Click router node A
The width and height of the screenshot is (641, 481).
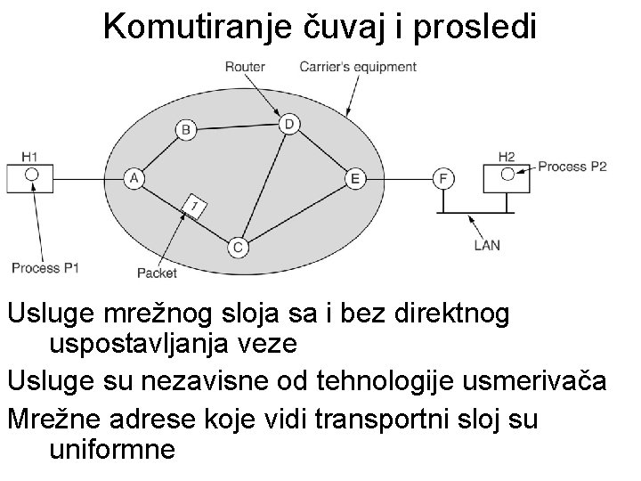tap(134, 177)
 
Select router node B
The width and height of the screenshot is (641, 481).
tap(186, 130)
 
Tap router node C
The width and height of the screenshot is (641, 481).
tap(237, 248)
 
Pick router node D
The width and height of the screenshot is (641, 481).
tap(288, 123)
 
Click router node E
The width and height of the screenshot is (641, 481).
tap(354, 178)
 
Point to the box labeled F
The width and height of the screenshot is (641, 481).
tap(442, 178)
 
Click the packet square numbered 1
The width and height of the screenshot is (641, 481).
tap(195, 207)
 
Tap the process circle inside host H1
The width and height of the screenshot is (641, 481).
tap(31, 174)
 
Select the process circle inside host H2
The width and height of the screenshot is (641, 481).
tap(507, 173)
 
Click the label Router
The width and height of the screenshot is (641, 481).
tap(244, 67)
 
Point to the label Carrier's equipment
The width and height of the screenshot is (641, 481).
tap(358, 67)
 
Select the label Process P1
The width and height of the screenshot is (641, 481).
tap(46, 267)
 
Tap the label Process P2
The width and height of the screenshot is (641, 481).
tap(572, 167)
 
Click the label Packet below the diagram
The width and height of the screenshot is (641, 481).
tap(158, 272)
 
